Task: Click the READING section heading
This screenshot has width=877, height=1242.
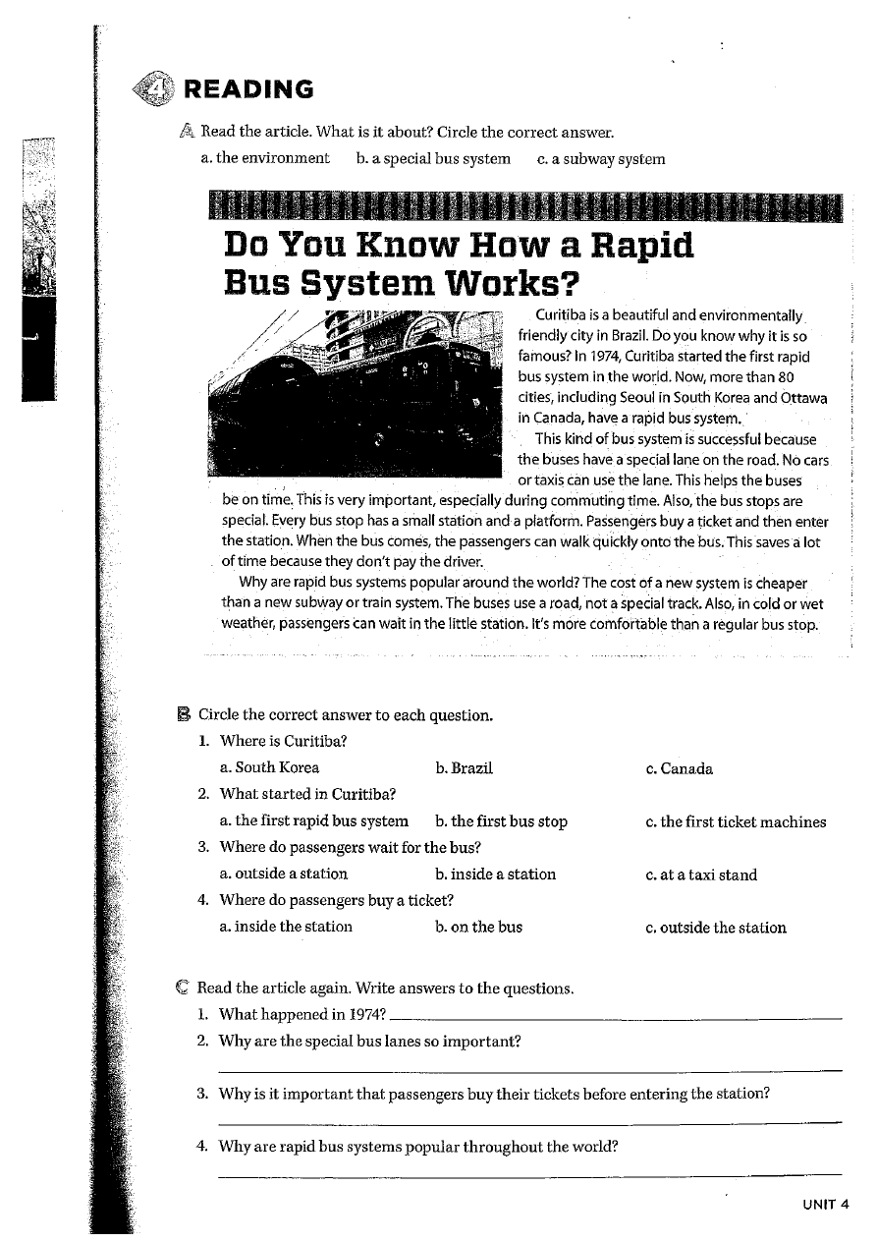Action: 249,90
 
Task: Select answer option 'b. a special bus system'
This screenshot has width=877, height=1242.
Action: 433,158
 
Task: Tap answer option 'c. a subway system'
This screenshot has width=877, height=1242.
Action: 601,158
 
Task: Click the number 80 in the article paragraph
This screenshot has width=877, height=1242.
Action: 786,377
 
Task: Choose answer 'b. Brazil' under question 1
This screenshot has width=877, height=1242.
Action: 463,768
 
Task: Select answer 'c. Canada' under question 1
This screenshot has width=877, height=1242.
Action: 680,768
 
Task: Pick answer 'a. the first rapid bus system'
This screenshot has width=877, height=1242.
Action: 314,821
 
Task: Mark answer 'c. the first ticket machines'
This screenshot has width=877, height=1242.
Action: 736,821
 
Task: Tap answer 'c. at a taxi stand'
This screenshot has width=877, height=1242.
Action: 701,875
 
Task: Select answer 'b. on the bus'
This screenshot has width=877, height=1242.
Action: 478,927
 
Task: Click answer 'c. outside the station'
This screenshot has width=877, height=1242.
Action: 716,928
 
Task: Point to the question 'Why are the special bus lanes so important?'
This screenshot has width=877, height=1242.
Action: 369,1041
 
